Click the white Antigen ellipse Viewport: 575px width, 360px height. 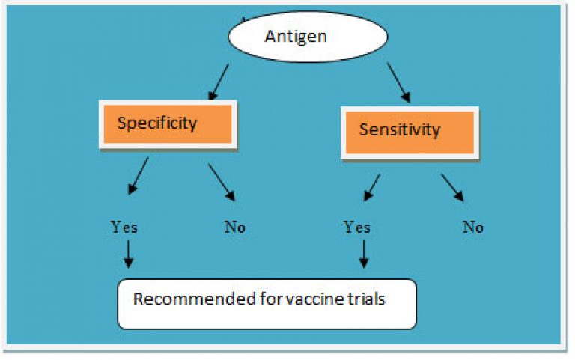(x=308, y=37)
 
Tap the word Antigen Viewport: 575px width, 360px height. (x=296, y=37)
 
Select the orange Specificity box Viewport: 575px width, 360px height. (x=168, y=124)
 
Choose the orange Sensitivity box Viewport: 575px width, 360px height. (x=410, y=132)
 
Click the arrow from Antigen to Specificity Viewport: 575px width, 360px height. (x=219, y=82)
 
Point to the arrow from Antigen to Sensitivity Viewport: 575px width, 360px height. (x=398, y=82)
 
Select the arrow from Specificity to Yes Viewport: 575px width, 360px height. (x=139, y=176)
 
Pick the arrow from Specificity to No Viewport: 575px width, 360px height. (x=222, y=182)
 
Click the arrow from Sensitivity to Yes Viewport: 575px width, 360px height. (x=372, y=188)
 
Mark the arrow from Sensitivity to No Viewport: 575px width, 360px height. (x=452, y=188)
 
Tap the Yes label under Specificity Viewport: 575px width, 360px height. (x=124, y=227)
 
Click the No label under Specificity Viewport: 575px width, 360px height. (x=234, y=228)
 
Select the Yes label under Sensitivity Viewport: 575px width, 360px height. (x=357, y=227)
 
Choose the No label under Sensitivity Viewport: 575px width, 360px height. (x=472, y=228)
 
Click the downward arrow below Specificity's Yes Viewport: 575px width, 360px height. (x=128, y=254)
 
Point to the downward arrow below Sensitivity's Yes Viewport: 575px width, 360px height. (x=364, y=254)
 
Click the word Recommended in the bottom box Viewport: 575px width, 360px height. (x=195, y=299)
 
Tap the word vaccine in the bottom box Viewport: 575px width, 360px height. (x=314, y=299)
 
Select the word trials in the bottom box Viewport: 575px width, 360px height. (x=365, y=299)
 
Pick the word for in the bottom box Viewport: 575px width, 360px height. (x=270, y=299)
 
